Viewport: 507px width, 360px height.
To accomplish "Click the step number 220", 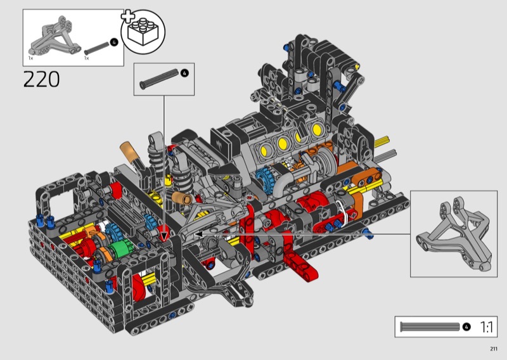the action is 41,79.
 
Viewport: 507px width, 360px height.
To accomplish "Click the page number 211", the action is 494,349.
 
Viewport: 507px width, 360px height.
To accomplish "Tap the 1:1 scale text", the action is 487,327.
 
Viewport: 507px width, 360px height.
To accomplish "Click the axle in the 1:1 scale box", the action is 430,327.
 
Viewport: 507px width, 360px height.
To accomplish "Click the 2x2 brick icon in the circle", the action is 143,32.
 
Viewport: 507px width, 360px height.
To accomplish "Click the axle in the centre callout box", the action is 159,79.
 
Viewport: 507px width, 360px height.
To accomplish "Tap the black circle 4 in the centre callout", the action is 184,73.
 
